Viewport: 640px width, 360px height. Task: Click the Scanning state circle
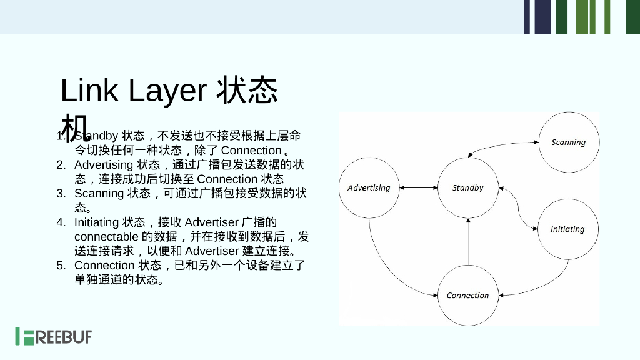coord(569,142)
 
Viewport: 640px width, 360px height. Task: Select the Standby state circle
coord(468,187)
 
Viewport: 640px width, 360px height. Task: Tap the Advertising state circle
coord(369,187)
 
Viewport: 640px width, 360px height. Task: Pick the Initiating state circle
coord(567,229)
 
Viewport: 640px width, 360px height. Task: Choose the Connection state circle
coord(468,296)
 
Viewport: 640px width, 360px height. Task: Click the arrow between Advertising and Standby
coord(419,187)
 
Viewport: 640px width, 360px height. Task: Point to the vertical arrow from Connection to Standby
coord(468,244)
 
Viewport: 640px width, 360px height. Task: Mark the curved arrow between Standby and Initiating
coord(519,209)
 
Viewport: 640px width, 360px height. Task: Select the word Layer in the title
coord(167,91)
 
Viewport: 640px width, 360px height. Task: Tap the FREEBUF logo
coord(54,336)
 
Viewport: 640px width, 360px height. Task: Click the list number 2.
coord(61,165)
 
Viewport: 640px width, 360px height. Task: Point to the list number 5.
coord(61,266)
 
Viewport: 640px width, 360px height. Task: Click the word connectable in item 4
coord(106,237)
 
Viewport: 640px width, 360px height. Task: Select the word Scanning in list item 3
coord(99,194)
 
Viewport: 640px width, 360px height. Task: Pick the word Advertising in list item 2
coord(103,165)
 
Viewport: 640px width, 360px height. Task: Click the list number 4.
coord(61,222)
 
